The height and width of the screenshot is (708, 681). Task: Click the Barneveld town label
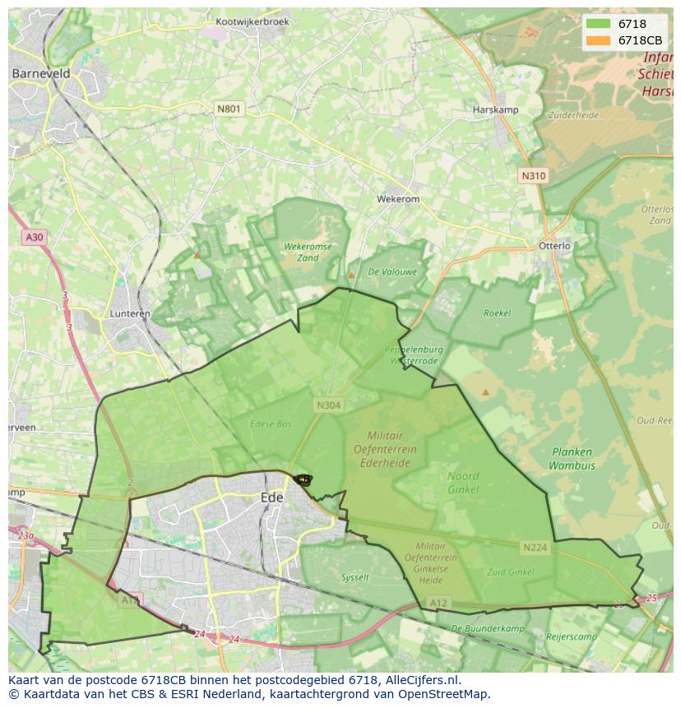tap(40, 73)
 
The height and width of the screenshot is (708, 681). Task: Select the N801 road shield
tap(229, 109)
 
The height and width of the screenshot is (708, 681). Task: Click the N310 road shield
tap(533, 176)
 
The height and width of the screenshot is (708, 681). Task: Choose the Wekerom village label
tap(398, 199)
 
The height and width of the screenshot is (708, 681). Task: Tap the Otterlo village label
tap(554, 246)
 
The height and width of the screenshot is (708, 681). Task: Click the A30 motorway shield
tap(33, 237)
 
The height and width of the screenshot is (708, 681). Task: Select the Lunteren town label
tap(130, 314)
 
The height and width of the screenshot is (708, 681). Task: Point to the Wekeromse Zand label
tap(308, 252)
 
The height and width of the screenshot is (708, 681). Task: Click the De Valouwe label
tap(392, 271)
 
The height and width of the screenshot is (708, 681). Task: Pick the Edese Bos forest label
tap(271, 424)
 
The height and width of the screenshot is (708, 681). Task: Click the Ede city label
tap(271, 497)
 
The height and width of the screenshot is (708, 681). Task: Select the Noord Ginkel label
tap(463, 483)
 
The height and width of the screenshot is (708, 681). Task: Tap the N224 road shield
tap(535, 547)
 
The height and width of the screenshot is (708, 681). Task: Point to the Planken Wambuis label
tap(572, 458)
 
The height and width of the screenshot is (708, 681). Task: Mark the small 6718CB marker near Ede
tap(303, 479)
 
